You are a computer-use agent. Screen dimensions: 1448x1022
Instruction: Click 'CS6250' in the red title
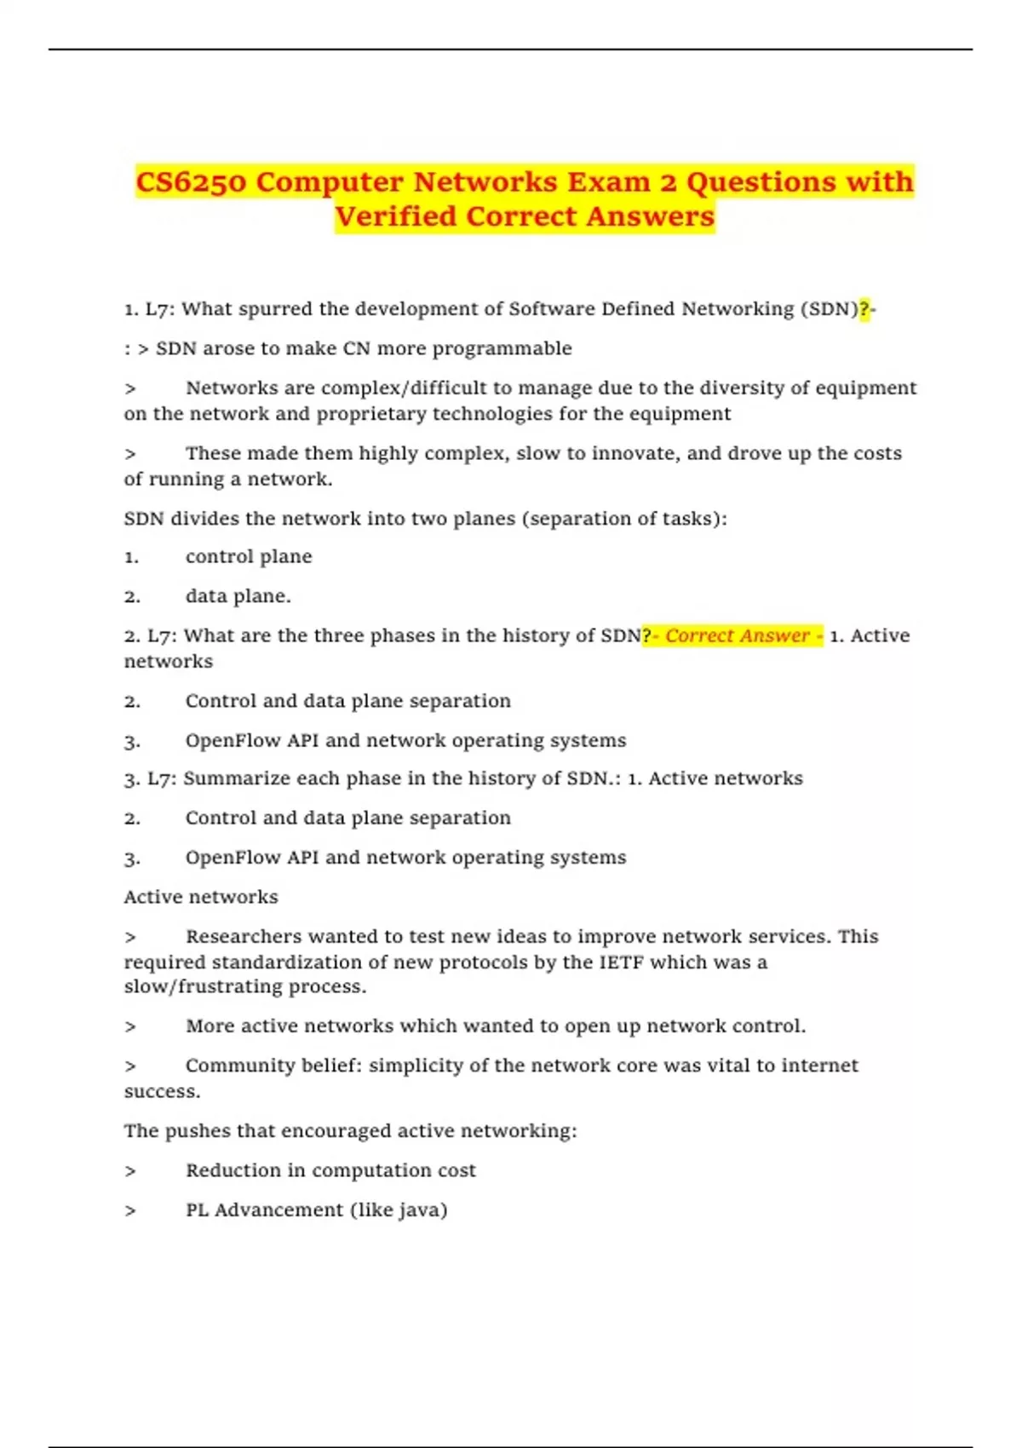[191, 182]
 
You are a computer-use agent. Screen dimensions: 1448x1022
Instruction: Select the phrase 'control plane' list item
[249, 557]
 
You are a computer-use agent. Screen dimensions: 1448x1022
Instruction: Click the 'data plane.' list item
[238, 596]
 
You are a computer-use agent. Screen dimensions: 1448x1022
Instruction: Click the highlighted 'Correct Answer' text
[737, 635]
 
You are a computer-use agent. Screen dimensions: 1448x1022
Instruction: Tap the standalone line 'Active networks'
[201, 897]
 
